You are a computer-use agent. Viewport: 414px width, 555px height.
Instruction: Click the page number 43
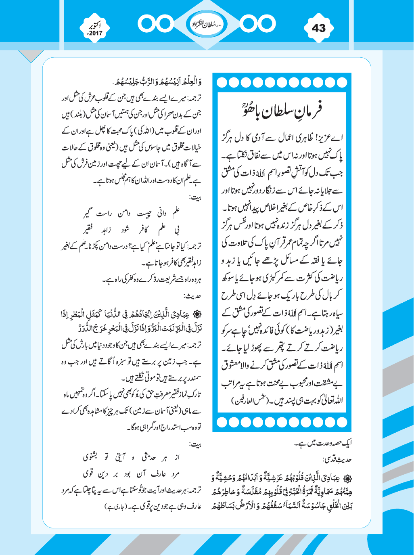(x=318, y=28)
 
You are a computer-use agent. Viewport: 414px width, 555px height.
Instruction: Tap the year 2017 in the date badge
(x=96, y=34)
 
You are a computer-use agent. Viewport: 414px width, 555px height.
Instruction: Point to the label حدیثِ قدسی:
(x=337, y=459)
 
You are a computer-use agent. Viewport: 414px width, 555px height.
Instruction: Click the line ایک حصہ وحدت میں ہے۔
(x=323, y=443)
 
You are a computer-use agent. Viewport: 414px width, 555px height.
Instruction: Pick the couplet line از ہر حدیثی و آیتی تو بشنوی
(x=131, y=457)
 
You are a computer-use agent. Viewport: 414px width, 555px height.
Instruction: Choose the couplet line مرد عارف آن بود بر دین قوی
(x=131, y=473)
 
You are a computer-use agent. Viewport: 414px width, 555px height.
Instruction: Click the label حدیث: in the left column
(x=192, y=296)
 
